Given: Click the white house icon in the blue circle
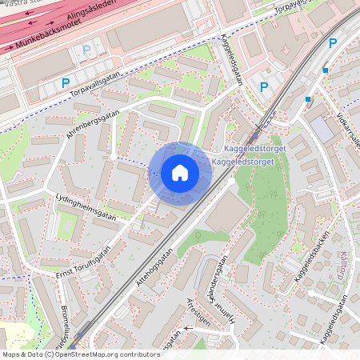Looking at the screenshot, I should [180, 172].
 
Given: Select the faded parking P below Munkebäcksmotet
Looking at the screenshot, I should [86, 50].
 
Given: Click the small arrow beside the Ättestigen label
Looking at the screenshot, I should [189, 328].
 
